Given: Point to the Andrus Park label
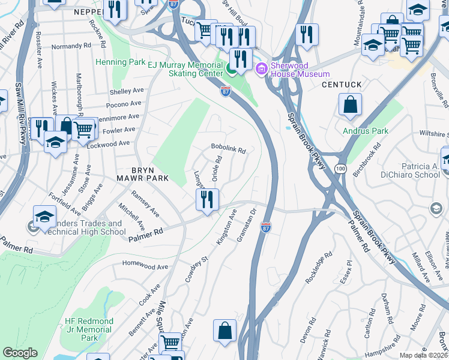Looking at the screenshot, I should [366, 131].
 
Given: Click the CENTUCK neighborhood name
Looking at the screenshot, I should [342, 85].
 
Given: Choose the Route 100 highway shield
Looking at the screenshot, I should [340, 170].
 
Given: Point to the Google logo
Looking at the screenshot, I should [20, 352].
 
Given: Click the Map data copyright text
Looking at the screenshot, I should [423, 355].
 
